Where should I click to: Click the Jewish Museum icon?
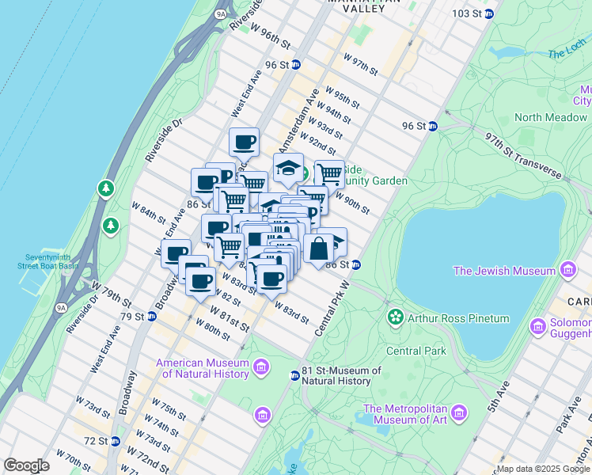[567, 271]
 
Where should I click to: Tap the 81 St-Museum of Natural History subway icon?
[294, 375]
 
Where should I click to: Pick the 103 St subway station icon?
[488, 13]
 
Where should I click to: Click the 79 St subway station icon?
[152, 317]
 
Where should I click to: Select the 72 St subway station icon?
[116, 440]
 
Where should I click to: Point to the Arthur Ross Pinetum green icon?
[394, 318]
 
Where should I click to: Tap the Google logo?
[26, 465]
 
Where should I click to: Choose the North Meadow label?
[551, 117]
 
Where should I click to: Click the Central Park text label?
[416, 351]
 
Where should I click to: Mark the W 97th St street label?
[361, 65]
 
